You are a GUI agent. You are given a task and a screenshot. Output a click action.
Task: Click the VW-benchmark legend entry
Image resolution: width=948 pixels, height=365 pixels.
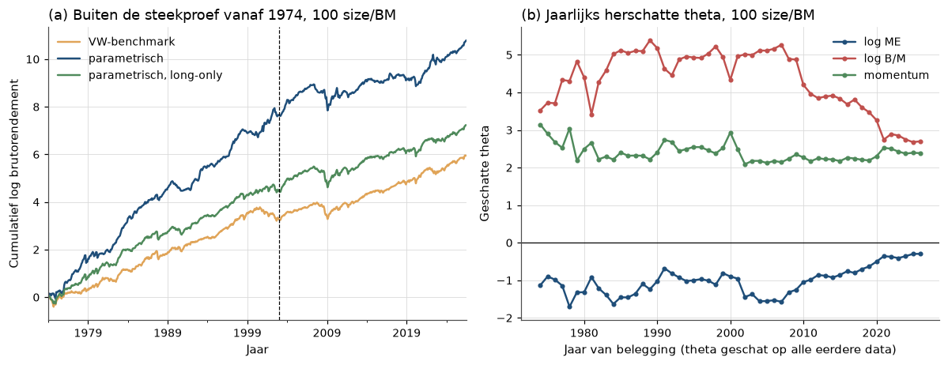point(107,43)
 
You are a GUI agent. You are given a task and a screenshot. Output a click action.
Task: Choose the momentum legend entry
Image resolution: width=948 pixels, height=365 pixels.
point(885,74)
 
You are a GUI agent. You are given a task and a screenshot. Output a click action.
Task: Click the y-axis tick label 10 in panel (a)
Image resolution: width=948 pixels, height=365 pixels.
point(35,59)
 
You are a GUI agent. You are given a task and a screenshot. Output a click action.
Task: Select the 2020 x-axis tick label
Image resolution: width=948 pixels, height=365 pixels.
point(878,333)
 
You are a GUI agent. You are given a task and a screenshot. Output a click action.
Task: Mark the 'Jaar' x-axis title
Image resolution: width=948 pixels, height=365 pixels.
point(257,349)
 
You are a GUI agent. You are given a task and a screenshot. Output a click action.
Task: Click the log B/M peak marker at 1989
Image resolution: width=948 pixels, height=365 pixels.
point(650,40)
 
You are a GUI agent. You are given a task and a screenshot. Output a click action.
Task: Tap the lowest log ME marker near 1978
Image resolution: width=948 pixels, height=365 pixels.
point(569,307)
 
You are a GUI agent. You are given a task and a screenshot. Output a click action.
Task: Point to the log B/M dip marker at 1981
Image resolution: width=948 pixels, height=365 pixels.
point(591,115)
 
